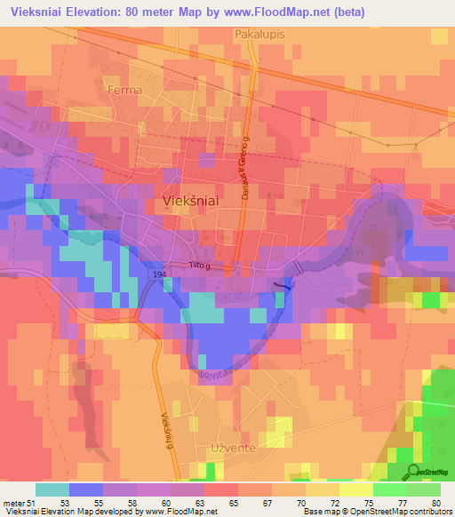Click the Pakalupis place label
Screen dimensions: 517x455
pyautogui.click(x=258, y=34)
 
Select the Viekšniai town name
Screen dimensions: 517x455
pyautogui.click(x=192, y=202)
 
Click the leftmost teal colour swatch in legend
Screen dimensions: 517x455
pyautogui.click(x=52, y=489)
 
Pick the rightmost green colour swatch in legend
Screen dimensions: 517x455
pyautogui.click(x=423, y=489)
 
